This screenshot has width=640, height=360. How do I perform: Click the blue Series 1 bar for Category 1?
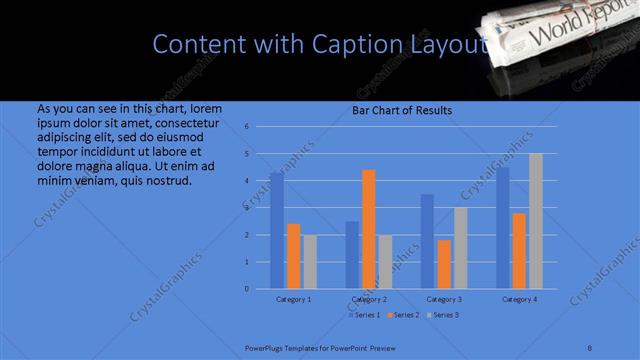click(x=276, y=231)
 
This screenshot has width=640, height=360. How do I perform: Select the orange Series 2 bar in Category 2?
click(x=369, y=229)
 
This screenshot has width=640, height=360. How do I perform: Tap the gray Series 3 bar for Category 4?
click(x=536, y=221)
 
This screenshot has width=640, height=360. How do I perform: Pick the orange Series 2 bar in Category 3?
click(x=444, y=264)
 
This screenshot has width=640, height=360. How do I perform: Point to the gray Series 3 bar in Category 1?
click(x=310, y=262)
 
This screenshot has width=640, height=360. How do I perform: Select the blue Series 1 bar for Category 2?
click(x=352, y=255)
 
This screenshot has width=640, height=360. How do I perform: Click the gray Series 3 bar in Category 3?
click(x=460, y=248)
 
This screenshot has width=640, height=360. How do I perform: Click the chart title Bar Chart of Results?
click(x=402, y=110)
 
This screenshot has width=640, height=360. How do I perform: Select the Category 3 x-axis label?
click(x=444, y=299)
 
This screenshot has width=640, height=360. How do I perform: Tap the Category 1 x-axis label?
click(x=293, y=299)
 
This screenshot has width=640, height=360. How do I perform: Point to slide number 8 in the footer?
click(x=590, y=347)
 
